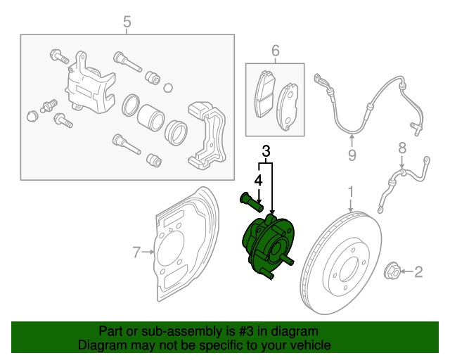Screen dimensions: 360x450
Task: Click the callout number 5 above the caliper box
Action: click(127, 22)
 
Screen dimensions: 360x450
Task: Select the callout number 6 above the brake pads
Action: click(275, 51)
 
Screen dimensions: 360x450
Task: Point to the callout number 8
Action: click(402, 148)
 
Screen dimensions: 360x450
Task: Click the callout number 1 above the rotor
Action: click(351, 192)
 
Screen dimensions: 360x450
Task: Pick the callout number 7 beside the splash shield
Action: click(138, 250)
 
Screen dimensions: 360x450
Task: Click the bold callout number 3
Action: click(266, 150)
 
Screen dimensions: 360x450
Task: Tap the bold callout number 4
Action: click(258, 180)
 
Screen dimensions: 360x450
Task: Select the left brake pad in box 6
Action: click(264, 96)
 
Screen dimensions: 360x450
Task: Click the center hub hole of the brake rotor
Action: click(346, 267)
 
